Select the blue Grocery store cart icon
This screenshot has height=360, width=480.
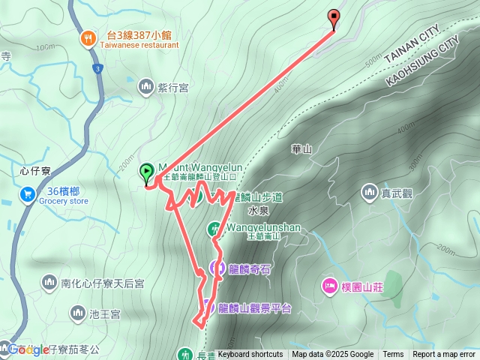28,194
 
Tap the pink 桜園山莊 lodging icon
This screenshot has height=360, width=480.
328,285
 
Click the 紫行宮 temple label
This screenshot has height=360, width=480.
172,88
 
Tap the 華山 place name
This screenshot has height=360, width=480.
301,149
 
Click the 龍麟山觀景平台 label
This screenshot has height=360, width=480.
254,308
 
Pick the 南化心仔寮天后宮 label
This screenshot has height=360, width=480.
102,283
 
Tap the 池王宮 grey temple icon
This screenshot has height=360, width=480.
77,311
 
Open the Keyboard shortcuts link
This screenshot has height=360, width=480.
250,355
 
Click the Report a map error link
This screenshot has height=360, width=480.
445,355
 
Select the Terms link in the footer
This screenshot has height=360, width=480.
393,355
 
